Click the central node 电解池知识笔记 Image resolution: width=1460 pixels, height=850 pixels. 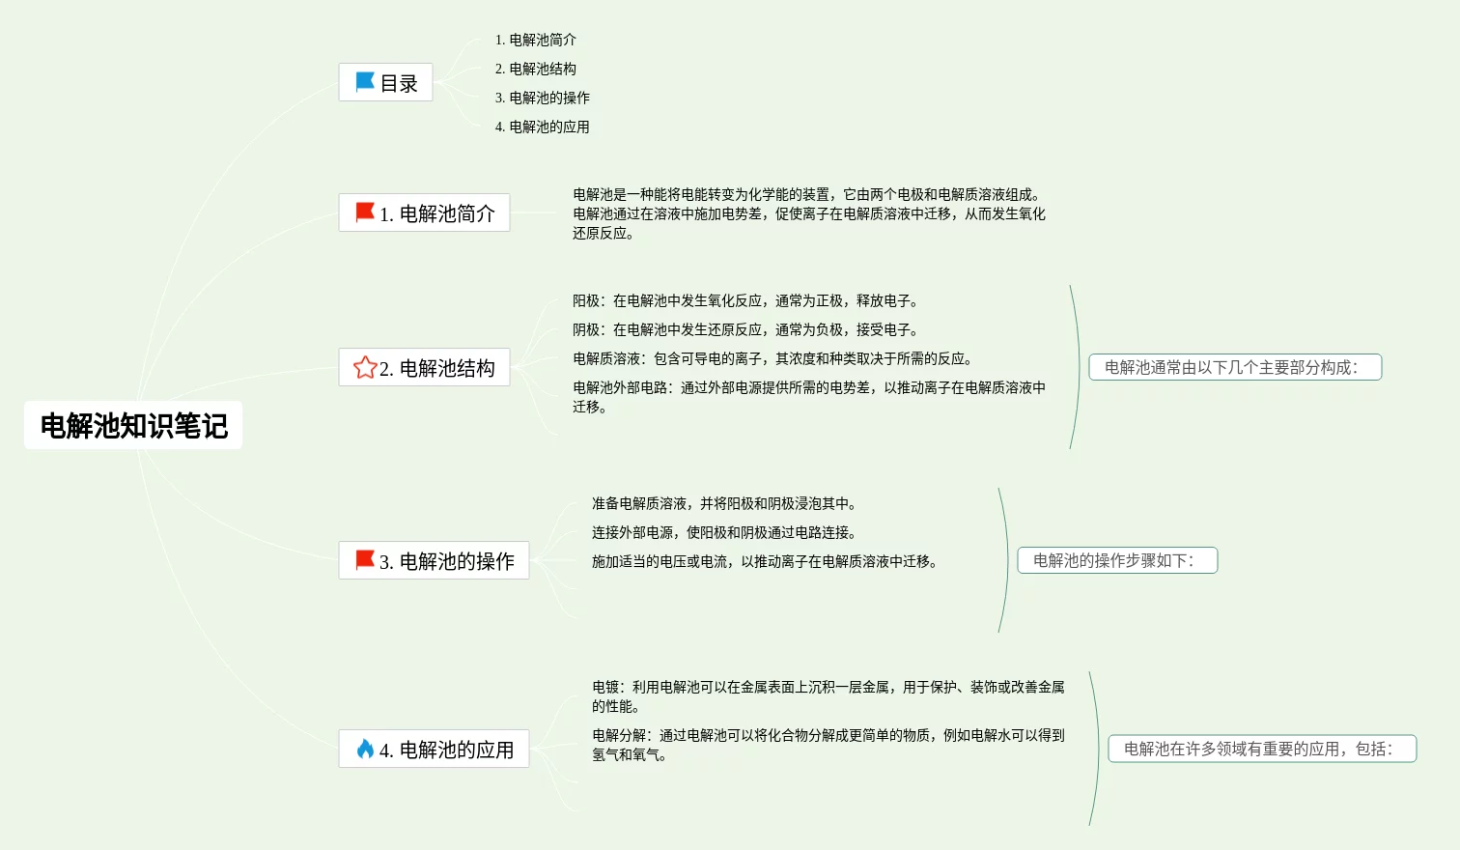(133, 425)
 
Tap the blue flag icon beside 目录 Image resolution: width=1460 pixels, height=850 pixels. (365, 82)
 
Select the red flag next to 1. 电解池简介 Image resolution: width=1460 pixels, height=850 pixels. (365, 212)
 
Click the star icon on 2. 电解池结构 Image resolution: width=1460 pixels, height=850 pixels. (365, 368)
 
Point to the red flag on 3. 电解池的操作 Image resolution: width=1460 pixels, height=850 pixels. (365, 560)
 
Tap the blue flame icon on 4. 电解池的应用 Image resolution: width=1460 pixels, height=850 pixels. (365, 749)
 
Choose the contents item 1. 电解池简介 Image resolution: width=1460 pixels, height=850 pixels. (536, 40)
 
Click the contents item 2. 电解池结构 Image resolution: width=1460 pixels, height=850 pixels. (536, 69)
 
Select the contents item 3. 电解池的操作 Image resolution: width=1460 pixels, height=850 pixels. (543, 98)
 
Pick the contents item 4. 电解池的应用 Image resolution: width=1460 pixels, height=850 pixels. (543, 127)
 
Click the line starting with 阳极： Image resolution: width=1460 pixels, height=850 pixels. (745, 300)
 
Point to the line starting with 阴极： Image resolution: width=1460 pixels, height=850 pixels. (745, 329)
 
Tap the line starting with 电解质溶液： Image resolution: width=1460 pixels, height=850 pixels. (772, 358)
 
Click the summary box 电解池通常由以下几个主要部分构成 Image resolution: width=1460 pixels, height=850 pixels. (1234, 367)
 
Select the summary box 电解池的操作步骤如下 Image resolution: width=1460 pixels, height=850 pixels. (1117, 560)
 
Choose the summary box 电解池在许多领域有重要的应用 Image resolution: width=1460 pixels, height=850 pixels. (1261, 749)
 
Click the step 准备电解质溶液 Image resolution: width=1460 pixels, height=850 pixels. (724, 503)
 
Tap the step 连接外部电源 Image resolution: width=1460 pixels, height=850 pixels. (724, 532)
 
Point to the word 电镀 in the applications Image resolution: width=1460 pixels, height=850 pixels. (605, 687)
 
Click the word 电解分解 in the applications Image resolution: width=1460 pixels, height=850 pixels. (619, 735)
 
